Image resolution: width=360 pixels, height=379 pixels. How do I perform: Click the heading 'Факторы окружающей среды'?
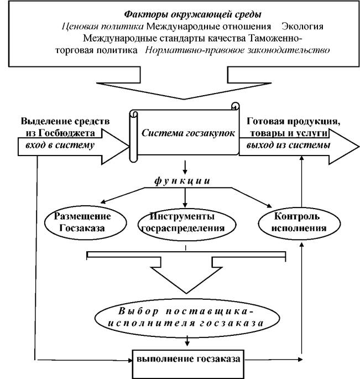193,14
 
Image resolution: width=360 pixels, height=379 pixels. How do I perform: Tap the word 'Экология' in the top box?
302,27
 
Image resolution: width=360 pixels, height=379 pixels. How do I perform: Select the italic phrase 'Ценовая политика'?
103,27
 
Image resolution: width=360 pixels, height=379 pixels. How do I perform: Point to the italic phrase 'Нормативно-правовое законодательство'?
237,50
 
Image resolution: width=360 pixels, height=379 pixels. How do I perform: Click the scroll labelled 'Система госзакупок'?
184,132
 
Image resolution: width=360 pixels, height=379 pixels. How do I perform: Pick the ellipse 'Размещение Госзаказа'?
86,222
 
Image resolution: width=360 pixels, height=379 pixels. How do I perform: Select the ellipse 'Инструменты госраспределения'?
186,224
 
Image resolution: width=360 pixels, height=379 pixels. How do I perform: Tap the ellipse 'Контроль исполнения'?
299,224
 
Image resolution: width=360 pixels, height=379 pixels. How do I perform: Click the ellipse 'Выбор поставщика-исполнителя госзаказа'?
187,318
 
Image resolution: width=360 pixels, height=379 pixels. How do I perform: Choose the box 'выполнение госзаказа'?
188,364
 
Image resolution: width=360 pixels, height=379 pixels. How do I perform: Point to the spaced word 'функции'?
182,181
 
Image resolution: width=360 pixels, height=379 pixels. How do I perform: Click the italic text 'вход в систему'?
60,145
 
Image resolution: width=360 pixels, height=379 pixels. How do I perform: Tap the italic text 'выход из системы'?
288,145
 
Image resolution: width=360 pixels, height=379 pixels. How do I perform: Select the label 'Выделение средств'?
65,121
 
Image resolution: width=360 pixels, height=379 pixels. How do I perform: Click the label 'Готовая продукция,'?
293,121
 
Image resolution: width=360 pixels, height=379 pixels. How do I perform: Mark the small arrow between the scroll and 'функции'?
185,167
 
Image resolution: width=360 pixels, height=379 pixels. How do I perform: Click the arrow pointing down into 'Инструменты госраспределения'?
185,198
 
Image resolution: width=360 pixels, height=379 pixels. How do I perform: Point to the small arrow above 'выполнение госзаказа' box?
187,341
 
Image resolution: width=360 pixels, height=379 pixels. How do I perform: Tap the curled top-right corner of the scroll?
235,106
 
